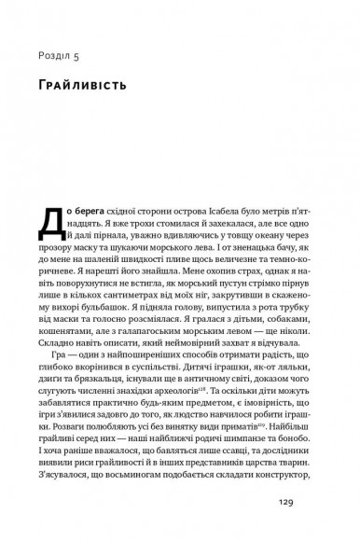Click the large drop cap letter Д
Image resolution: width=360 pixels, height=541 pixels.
(x=50, y=220)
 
